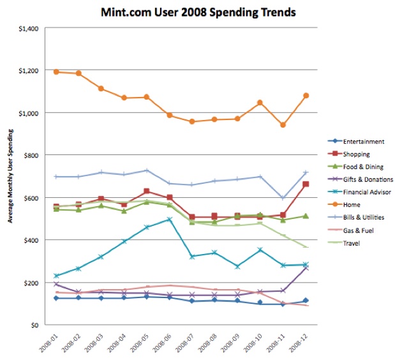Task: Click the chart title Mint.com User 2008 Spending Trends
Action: pyautogui.click(x=198, y=11)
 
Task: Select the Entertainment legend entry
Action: pyautogui.click(x=363, y=142)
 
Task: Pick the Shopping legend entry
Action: pyautogui.click(x=357, y=154)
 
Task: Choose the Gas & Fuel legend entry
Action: pyautogui.click(x=359, y=230)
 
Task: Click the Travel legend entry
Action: pyautogui.click(x=352, y=243)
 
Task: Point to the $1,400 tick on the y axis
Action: pyautogui.click(x=30, y=28)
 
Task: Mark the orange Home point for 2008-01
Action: pyautogui.click(x=56, y=72)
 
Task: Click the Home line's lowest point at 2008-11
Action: pyautogui.click(x=283, y=125)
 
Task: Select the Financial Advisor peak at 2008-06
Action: pyautogui.click(x=170, y=219)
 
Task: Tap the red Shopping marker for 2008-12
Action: pyautogui.click(x=306, y=184)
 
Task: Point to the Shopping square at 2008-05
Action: pyautogui.click(x=147, y=191)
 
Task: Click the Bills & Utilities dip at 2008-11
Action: pyautogui.click(x=283, y=198)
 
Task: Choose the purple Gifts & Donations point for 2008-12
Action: pyautogui.click(x=306, y=267)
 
